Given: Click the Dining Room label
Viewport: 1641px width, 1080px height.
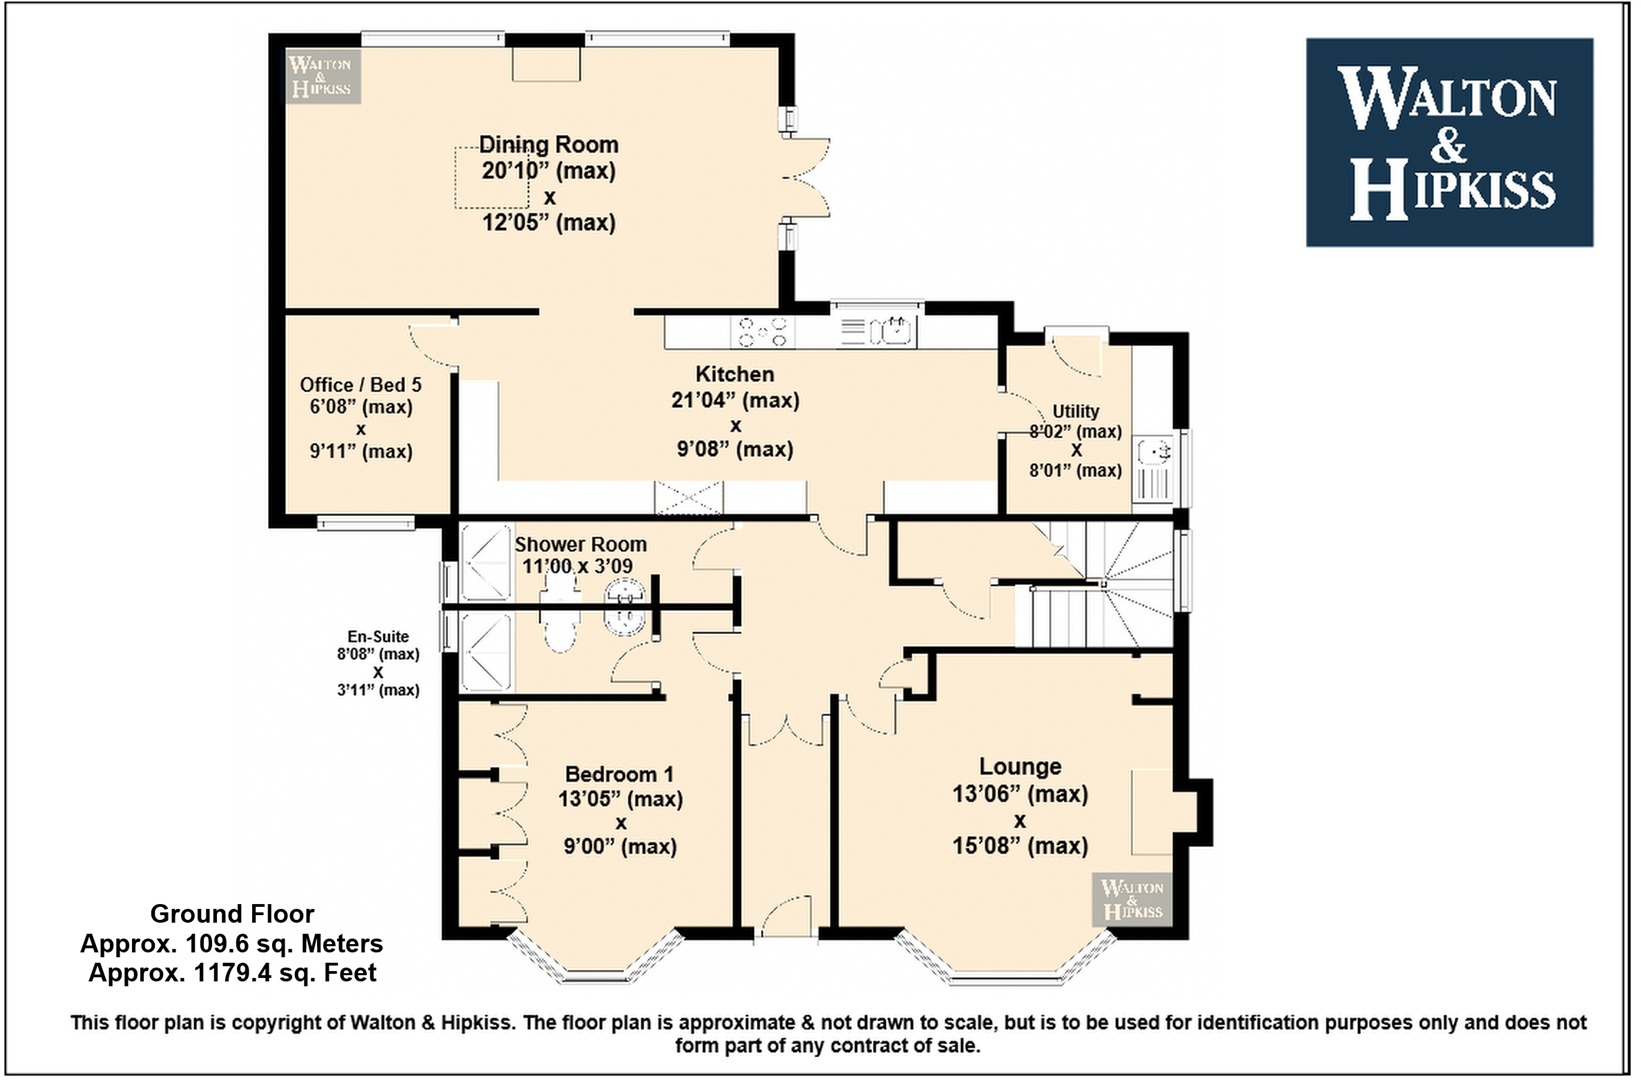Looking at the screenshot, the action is (549, 144).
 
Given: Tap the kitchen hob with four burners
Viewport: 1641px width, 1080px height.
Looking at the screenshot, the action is (763, 331).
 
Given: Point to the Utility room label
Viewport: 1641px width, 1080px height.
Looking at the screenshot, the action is (1075, 411).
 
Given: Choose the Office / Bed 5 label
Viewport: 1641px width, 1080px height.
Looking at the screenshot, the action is (360, 385).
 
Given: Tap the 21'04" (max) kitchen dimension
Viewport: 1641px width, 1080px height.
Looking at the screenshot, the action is (735, 400).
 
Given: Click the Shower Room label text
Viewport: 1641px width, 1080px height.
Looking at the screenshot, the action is (580, 544).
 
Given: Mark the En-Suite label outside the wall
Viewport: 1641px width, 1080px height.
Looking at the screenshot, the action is (378, 637).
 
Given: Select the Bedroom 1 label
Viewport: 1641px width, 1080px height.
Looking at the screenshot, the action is (619, 774).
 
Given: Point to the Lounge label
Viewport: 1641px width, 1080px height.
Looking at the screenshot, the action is (1020, 766).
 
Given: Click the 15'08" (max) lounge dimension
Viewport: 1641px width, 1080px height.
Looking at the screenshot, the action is (1020, 846).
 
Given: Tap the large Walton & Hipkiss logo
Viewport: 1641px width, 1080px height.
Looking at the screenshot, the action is (1449, 142).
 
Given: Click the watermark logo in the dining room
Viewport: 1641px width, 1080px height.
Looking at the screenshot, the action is (322, 76).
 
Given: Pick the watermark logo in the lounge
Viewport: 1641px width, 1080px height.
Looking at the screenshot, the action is (1132, 899).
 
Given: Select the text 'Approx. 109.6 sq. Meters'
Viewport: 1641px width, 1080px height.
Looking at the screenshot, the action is (231, 944).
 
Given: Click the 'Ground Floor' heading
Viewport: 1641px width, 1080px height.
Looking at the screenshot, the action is (232, 914).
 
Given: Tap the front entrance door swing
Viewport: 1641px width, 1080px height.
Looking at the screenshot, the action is (785, 915).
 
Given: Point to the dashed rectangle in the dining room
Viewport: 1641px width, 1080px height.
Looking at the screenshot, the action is (492, 178).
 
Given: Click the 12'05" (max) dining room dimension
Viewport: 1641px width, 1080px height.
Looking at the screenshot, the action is (549, 222).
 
